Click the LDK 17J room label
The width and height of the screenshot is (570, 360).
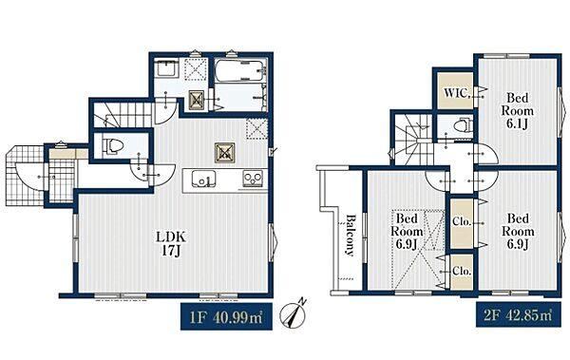(171, 244)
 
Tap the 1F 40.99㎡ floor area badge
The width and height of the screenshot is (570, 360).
(226, 316)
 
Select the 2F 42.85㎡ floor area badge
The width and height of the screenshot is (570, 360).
(518, 314)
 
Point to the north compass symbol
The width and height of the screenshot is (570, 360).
(294, 313)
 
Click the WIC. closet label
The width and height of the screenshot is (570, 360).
(457, 93)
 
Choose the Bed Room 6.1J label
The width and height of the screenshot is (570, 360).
(518, 110)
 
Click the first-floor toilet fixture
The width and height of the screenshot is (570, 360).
(113, 145)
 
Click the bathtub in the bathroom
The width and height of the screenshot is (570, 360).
(240, 71)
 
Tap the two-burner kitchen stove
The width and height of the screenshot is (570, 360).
(254, 179)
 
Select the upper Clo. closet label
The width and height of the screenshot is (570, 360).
(462, 221)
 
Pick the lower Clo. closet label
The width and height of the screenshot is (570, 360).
(462, 271)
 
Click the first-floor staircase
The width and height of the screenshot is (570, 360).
(123, 115)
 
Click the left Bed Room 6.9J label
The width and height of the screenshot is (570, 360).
(407, 231)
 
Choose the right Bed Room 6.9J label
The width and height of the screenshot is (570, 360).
(518, 231)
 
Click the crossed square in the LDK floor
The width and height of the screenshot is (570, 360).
(224, 153)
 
